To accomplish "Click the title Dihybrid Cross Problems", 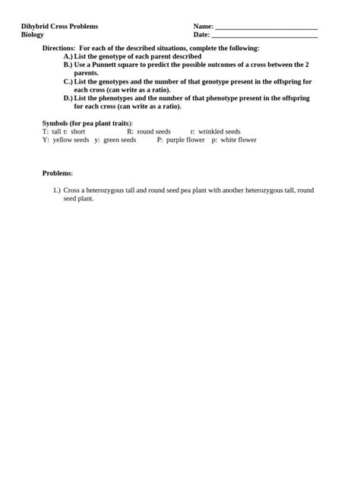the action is [x=59, y=26].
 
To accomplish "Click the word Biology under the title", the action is [x=33, y=35].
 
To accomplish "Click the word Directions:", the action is [x=58, y=48].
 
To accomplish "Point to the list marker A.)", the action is [x=68, y=56].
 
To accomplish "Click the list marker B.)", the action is [x=68, y=65].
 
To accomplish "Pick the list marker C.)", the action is [x=68, y=81].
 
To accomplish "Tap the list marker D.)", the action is [x=68, y=98].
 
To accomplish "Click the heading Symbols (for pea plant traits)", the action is [x=87, y=123].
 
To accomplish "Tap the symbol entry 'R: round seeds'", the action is [x=149, y=131].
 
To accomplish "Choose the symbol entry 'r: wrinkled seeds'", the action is [x=215, y=131].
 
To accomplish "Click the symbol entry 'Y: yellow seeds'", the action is [x=66, y=140].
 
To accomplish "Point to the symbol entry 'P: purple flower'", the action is [x=181, y=140].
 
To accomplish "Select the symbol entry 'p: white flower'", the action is [x=234, y=140].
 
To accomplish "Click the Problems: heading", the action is [x=58, y=173].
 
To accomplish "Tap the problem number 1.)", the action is [x=56, y=190].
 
